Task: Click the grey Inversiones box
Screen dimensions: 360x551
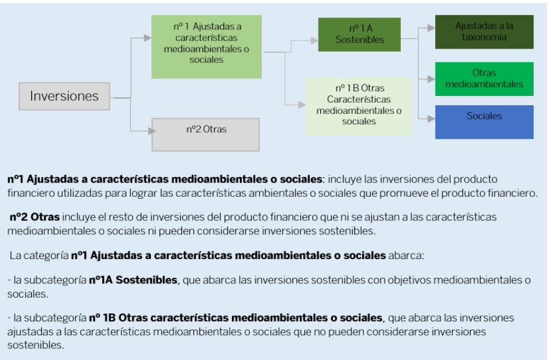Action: click(64, 97)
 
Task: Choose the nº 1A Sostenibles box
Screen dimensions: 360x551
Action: click(359, 34)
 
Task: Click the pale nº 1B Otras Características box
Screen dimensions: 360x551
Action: click(358, 105)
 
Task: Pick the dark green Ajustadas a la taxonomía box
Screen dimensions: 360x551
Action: click(484, 32)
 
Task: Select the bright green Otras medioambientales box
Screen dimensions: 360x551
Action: click(484, 78)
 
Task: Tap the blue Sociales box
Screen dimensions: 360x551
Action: click(484, 121)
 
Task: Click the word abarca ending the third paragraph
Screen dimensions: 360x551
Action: click(406, 255)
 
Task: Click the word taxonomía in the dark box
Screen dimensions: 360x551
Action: click(484, 37)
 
